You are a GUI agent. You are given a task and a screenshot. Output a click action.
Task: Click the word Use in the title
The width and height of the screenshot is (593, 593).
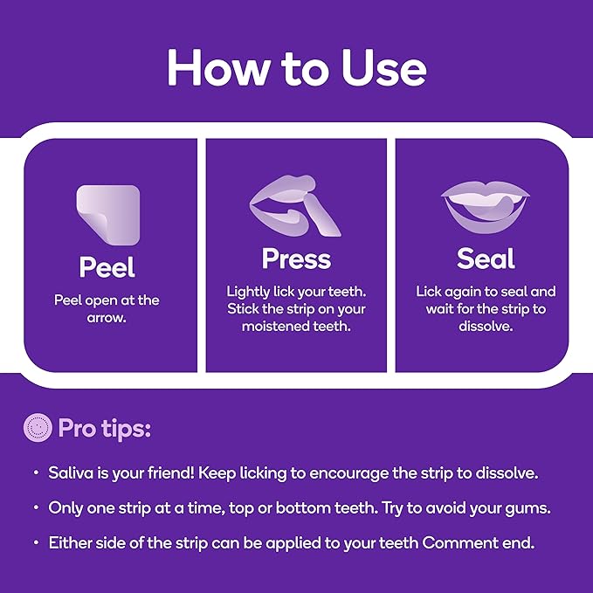384,68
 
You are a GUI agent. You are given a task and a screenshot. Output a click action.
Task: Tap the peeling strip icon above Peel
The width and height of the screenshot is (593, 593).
108,215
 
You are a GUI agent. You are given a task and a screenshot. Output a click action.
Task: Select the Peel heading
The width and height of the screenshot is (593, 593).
107,267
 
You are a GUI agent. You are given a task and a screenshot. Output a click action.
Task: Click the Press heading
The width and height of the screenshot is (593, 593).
297,259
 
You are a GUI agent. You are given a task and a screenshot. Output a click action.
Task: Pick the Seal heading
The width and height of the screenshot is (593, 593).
486,259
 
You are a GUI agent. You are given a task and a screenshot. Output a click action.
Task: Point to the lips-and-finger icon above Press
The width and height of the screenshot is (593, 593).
295,206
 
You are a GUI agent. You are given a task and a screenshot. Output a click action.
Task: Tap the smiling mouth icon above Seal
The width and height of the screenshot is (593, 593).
486,206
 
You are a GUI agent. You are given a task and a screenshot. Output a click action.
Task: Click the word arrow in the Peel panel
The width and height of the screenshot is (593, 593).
107,318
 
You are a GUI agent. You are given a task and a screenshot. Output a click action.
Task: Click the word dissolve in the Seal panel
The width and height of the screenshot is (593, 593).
486,326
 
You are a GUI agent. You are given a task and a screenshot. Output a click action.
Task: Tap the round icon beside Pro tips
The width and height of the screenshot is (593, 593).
38,427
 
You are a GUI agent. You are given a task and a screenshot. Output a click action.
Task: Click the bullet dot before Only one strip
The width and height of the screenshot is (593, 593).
37,507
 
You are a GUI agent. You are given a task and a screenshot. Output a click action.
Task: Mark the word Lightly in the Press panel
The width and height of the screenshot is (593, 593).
248,293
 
